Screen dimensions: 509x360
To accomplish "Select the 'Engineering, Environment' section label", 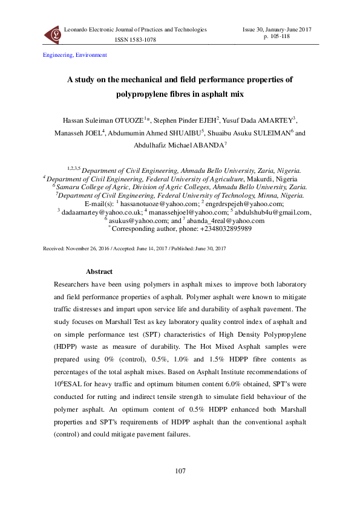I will pyautogui.click(x=75, y=55).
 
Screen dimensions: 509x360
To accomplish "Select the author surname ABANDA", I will pyautogui.click(x=207, y=145).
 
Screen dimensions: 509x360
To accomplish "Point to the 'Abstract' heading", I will pyautogui.click(x=99, y=271).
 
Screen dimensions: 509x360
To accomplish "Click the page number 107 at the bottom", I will pyautogui.click(x=180, y=471).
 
